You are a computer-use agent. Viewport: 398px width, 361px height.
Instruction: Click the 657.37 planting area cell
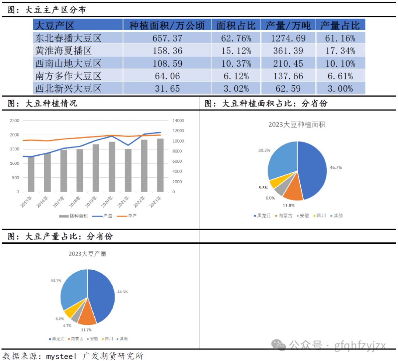point(167,38)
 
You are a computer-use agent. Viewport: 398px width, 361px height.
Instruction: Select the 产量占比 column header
point(340,25)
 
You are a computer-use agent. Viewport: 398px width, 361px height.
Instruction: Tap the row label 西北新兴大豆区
point(68,88)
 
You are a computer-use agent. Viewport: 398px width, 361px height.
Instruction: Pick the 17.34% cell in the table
point(340,51)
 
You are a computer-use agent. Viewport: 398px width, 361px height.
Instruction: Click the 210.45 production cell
point(288,63)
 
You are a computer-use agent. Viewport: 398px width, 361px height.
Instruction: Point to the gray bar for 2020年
point(112,167)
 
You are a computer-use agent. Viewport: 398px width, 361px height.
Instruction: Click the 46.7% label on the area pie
point(336,167)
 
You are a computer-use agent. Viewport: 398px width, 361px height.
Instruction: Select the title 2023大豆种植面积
point(297,125)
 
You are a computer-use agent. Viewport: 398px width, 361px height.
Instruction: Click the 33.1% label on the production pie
point(56,281)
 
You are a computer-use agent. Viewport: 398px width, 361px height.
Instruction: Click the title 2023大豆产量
point(87,254)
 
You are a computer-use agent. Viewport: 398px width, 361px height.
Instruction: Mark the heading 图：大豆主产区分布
point(47,10)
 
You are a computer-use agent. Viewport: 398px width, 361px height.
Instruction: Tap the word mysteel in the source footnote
point(61,356)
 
